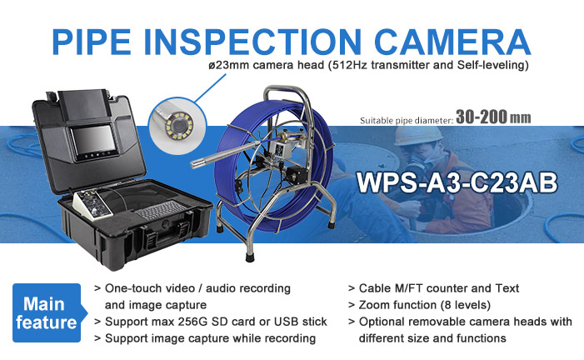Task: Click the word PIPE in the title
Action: (x=92, y=42)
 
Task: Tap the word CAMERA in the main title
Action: (x=452, y=42)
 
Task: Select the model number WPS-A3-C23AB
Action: (x=457, y=182)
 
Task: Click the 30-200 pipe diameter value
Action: (x=482, y=117)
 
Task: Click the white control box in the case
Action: (x=92, y=205)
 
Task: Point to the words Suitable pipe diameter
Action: (x=407, y=120)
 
